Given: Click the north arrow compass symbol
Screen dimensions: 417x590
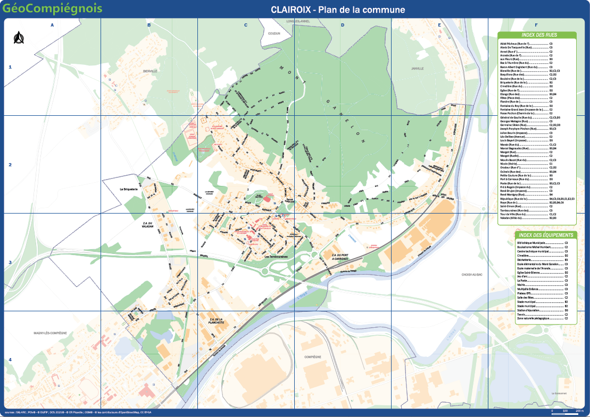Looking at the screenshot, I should click(19, 38).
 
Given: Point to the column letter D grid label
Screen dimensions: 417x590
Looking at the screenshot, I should click(343, 25).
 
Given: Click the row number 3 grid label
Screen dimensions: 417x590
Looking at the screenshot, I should click(10, 262).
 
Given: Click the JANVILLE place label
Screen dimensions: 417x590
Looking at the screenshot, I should click(418, 69).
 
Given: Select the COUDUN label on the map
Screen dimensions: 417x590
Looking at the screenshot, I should click(274, 33).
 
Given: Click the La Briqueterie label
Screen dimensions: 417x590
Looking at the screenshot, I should click(129, 189).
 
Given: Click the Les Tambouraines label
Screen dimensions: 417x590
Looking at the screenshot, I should click(276, 258).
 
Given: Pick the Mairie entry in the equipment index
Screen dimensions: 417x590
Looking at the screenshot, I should click(524, 284).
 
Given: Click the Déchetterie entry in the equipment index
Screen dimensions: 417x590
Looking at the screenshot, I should click(526, 259).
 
